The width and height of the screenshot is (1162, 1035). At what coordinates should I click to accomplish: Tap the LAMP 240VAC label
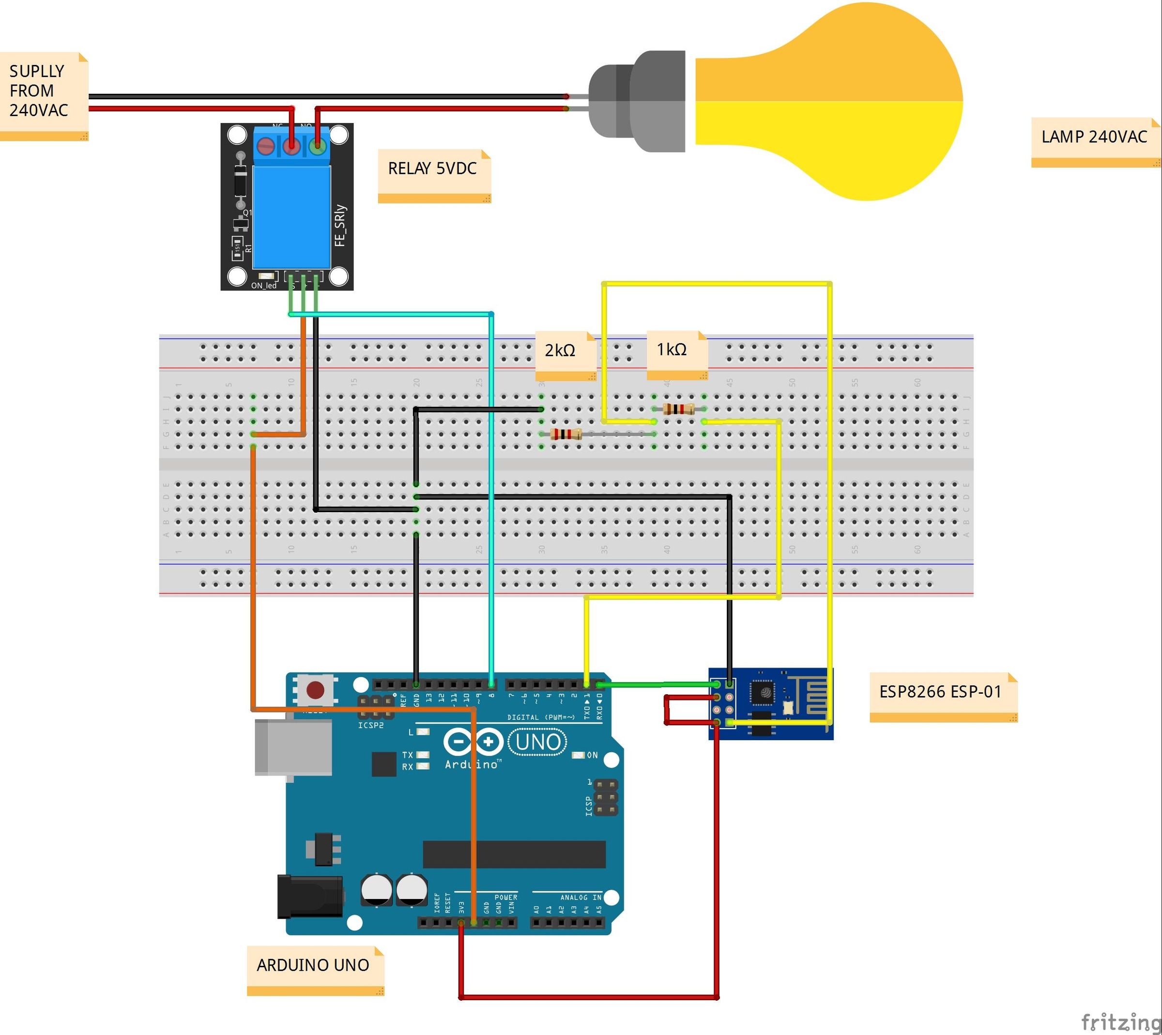(1093, 137)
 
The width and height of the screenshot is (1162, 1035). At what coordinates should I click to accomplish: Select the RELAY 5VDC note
(433, 169)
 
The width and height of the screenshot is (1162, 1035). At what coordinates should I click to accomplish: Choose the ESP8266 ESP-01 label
(940, 692)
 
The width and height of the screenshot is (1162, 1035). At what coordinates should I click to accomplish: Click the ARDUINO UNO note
(313, 966)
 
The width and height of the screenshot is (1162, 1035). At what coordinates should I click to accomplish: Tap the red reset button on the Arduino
(315, 690)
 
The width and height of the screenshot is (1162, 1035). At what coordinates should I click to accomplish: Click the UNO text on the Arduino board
(537, 742)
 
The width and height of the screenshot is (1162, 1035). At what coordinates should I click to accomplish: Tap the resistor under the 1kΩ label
(678, 408)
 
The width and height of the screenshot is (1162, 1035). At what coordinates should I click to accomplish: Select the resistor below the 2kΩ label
(566, 434)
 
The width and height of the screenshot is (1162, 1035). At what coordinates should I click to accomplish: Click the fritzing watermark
(1119, 1021)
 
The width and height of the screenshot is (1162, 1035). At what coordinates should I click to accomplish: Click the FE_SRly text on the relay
(340, 226)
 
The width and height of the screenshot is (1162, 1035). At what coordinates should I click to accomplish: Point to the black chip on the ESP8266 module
(762, 692)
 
